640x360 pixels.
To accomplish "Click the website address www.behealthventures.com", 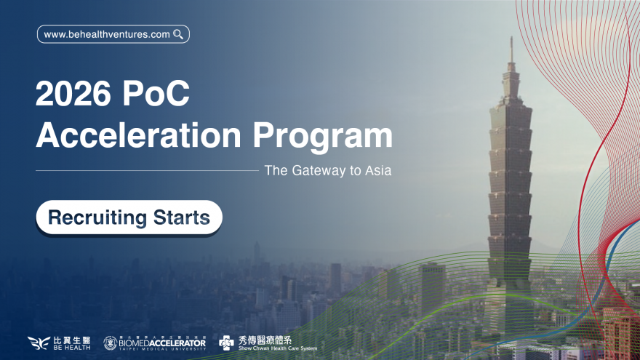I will pos(107,34).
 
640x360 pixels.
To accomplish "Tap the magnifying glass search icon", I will pos(178,34).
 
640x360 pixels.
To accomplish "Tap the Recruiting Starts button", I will pos(129,217).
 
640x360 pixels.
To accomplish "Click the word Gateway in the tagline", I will pos(318,171).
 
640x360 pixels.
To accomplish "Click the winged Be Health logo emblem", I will pos(38,343).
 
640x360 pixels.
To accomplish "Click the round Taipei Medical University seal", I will pos(110,343).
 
